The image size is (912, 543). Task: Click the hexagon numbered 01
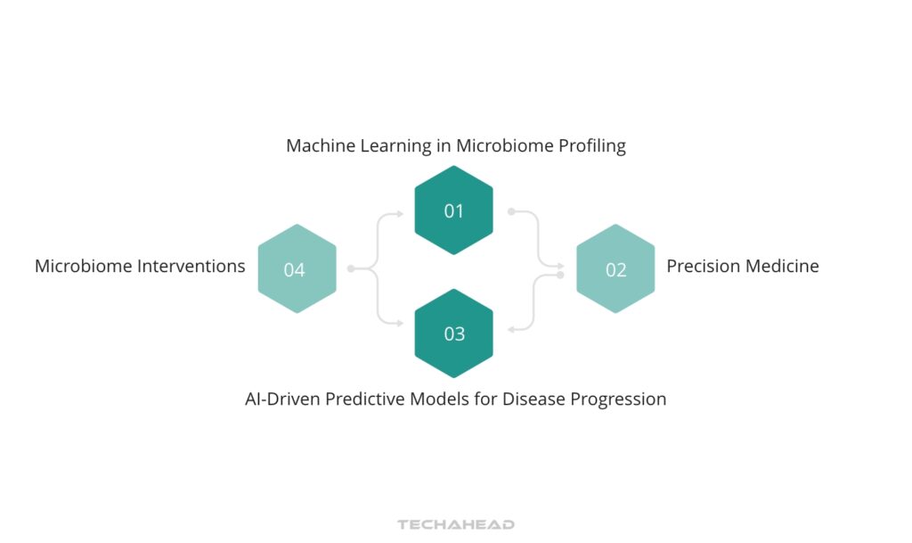pyautogui.click(x=454, y=211)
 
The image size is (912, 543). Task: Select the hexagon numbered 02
pyautogui.click(x=615, y=269)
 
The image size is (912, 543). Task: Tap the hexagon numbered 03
pyautogui.click(x=454, y=333)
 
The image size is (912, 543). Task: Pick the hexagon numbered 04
pyautogui.click(x=297, y=269)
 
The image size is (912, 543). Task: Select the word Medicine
pyautogui.click(x=783, y=266)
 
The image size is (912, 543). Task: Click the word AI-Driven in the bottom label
pyautogui.click(x=282, y=399)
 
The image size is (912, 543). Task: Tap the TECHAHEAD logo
pyautogui.click(x=456, y=525)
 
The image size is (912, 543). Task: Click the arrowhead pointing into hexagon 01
pyautogui.click(x=401, y=213)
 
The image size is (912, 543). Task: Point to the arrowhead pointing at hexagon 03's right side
pyautogui.click(x=510, y=331)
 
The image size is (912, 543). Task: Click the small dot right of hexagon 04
pyautogui.click(x=351, y=268)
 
